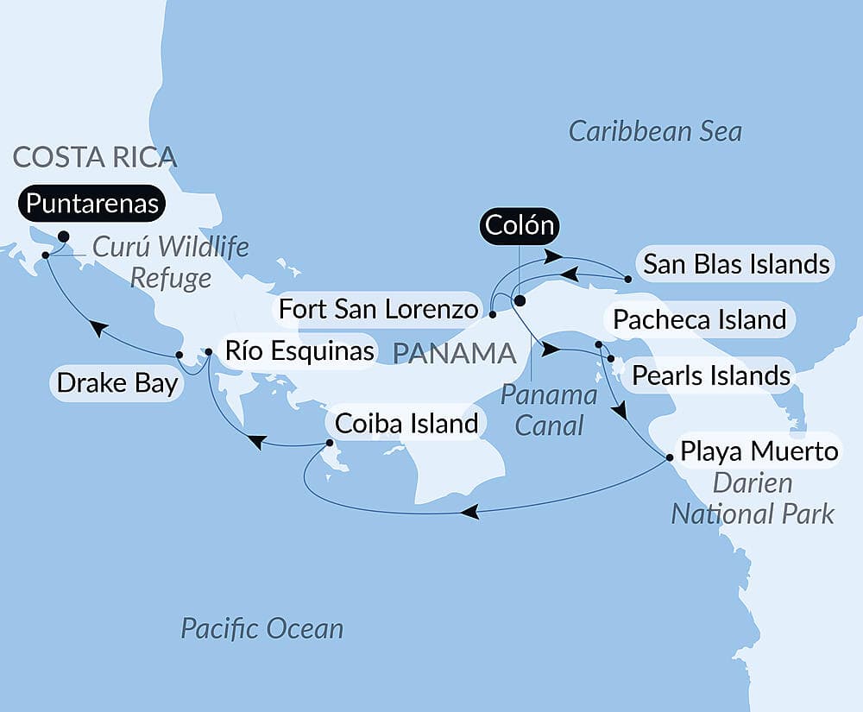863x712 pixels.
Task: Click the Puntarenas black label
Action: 92,205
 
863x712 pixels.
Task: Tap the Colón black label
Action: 518,226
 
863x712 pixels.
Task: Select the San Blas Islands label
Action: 736,264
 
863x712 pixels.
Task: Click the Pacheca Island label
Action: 699,320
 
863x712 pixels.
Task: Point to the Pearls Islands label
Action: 710,375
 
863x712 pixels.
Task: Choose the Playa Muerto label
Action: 759,451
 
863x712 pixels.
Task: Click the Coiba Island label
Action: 406,424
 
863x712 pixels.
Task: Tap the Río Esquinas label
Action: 299,350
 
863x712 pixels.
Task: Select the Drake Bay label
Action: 117,383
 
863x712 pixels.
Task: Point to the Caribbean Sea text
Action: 655,132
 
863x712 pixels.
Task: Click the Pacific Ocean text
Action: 261,628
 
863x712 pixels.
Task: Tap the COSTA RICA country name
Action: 95,157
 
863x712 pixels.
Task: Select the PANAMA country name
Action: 454,352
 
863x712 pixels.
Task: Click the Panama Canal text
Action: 549,410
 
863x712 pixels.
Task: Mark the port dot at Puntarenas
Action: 63,236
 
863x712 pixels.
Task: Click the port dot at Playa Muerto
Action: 670,458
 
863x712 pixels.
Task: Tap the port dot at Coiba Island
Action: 330,444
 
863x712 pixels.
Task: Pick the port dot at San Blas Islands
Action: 628,280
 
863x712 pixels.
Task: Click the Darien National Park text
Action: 753,499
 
